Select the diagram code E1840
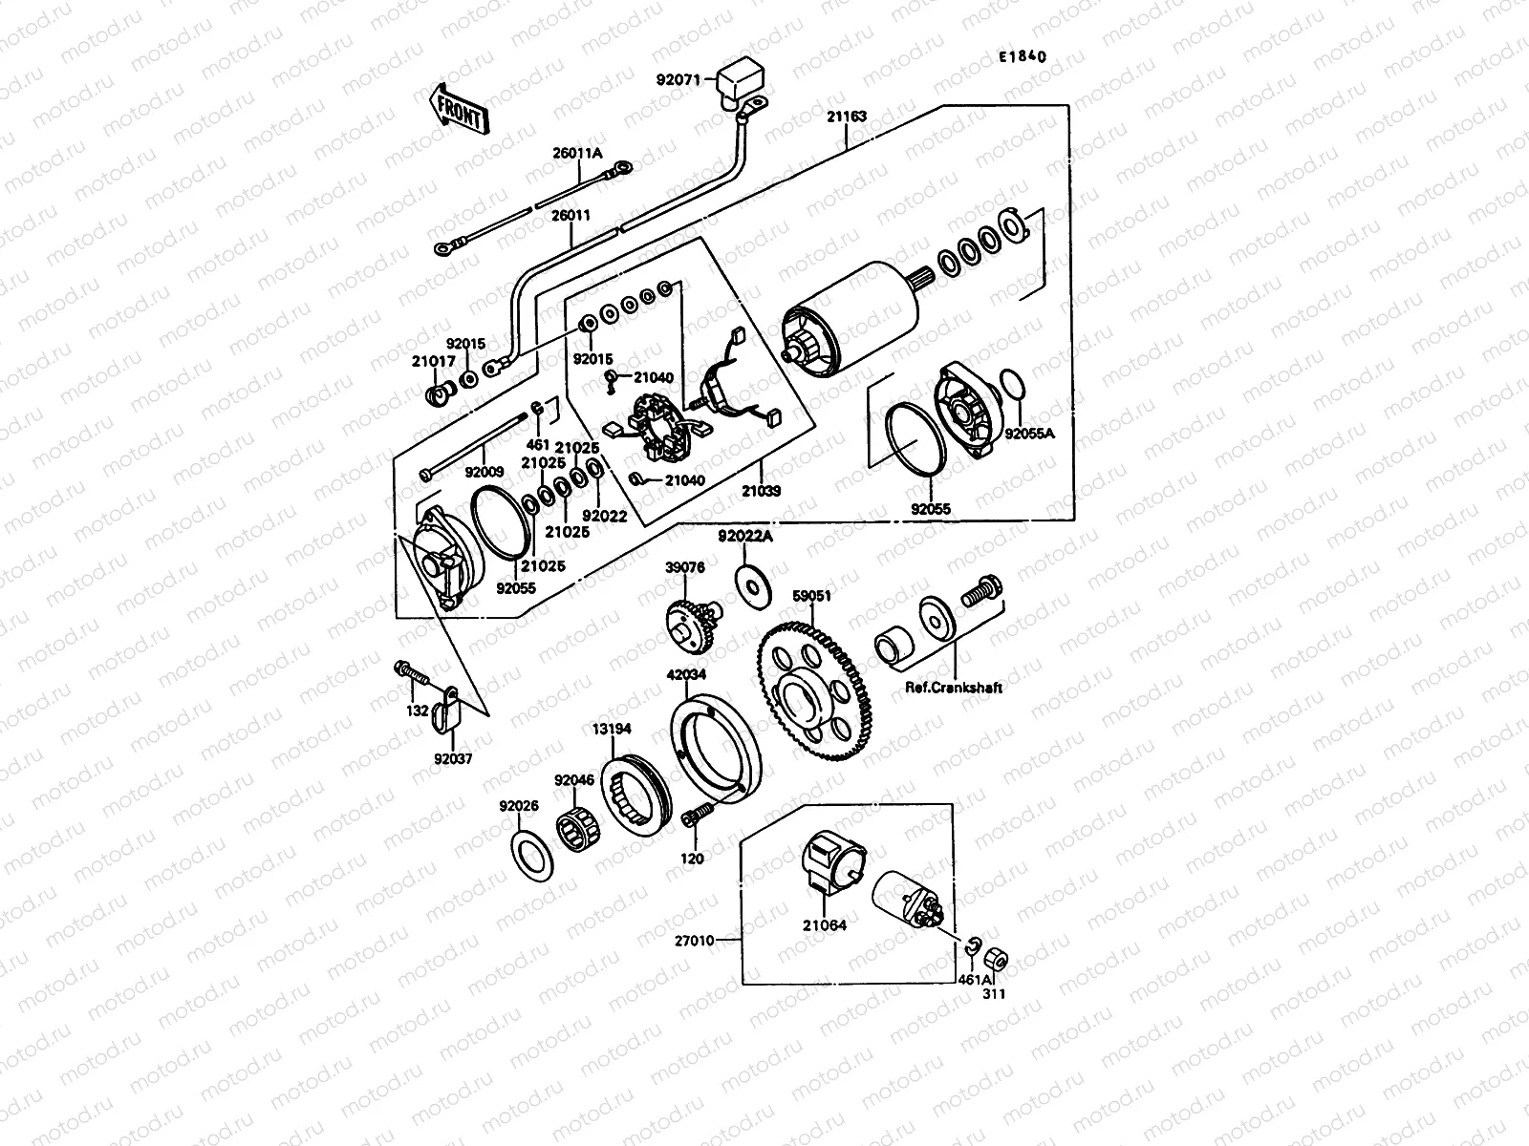(1023, 57)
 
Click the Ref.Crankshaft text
(955, 688)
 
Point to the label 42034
(686, 674)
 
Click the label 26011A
(577, 153)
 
